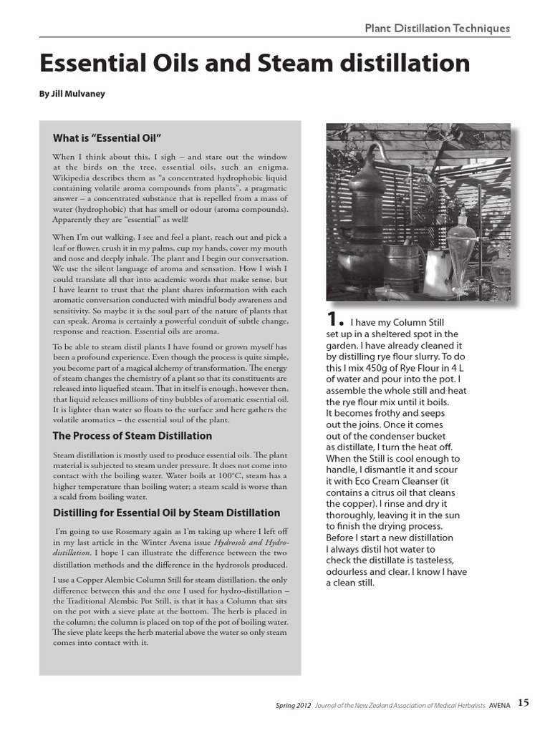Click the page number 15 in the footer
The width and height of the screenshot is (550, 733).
524,703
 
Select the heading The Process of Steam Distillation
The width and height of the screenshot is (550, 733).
132,435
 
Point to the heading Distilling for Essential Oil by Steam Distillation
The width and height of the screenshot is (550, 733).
166,513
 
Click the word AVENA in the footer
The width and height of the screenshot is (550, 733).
500,705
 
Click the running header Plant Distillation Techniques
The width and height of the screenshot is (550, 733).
437,28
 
